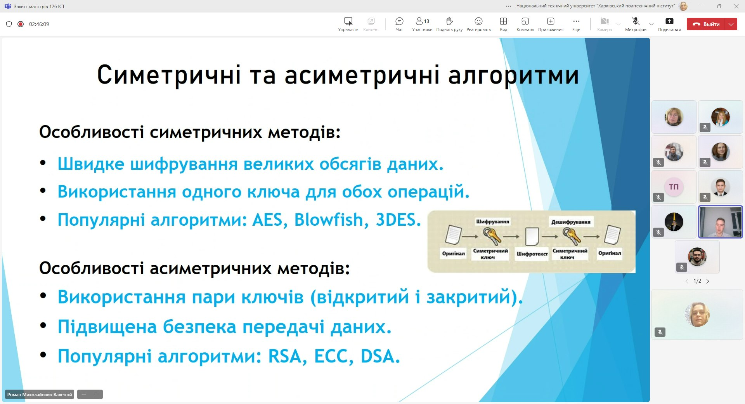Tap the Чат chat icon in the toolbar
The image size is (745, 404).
pos(399,21)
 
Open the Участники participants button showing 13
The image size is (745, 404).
pos(422,21)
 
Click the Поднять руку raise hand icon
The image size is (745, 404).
pos(449,21)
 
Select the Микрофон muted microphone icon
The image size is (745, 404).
pos(636,21)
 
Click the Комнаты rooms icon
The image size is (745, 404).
pos(525,21)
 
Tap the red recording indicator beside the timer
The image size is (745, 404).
pos(21,24)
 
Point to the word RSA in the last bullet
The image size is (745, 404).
pos(285,356)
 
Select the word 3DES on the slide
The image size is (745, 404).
pos(398,220)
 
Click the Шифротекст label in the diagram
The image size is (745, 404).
pos(532,254)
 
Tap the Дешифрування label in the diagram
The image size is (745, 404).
pos(571,222)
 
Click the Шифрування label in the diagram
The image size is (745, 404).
pos(492,222)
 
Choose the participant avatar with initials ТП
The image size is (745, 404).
pos(674,187)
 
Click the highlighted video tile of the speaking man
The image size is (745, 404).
pos(720,222)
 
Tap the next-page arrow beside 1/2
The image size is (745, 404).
pos(708,281)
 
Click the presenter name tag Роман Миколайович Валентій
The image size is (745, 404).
pos(40,395)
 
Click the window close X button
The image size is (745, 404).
pos(736,6)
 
